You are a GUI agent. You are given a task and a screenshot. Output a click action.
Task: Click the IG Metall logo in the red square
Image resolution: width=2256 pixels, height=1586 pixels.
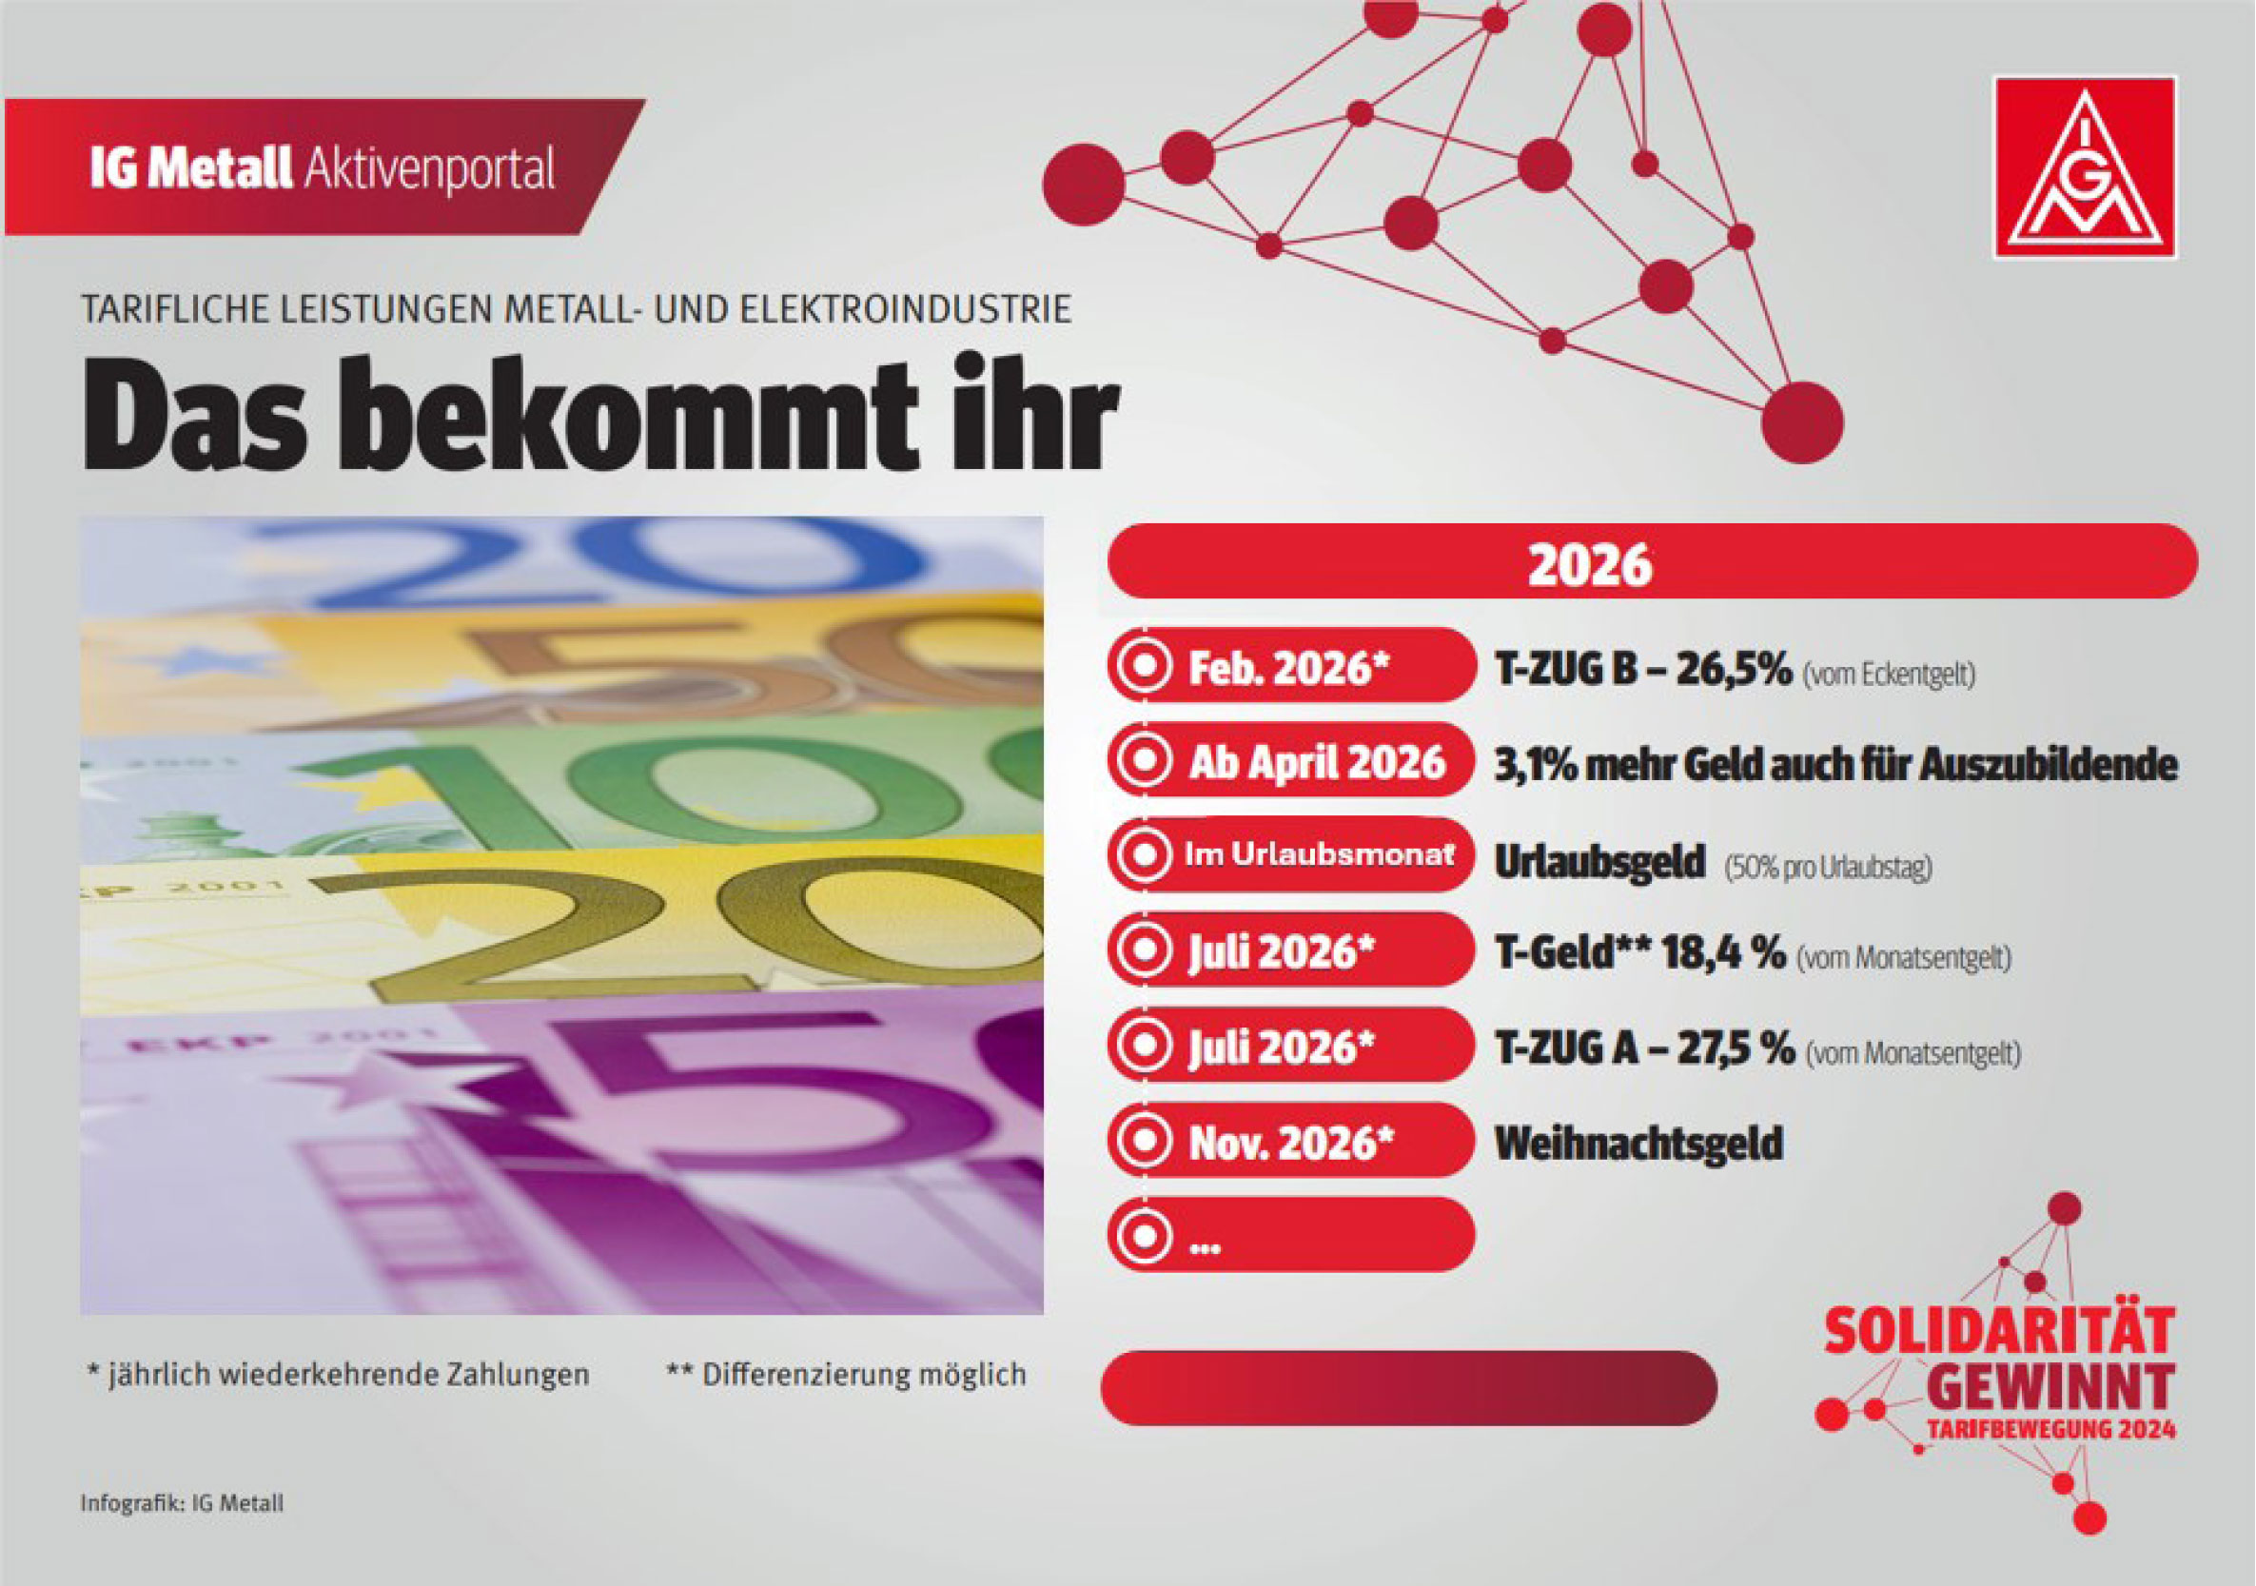pos(2084,168)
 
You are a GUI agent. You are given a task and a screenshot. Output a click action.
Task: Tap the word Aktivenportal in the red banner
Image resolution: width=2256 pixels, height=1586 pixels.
pos(429,169)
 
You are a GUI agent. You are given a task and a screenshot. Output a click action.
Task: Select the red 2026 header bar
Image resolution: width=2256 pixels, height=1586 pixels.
pos(1652,562)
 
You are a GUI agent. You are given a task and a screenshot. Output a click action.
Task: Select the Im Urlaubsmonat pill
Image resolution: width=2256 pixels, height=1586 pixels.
pos(1290,855)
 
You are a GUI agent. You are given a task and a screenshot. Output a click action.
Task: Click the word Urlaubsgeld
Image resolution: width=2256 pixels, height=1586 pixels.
pos(1600,862)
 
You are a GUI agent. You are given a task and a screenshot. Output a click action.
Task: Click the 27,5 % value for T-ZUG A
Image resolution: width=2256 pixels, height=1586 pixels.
pos(1736,1048)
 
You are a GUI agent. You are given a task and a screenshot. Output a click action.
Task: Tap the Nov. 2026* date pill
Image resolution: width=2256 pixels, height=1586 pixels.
pos(1290,1142)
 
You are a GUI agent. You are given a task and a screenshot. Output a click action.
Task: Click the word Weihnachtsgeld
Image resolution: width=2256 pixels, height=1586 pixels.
pos(1638,1143)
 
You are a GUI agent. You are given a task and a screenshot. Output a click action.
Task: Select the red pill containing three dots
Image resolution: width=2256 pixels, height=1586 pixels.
pos(1290,1235)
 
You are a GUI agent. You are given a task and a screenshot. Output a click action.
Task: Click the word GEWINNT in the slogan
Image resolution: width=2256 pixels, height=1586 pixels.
pos(2050,1385)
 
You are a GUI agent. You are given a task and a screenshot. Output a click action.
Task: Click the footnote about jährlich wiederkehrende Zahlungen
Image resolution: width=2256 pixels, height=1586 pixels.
pos(338,1374)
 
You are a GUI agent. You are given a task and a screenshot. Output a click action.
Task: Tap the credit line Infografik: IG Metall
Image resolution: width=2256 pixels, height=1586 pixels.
pos(182,1503)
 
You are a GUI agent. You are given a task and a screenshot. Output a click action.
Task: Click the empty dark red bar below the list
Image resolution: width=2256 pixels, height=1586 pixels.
pos(1408,1387)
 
